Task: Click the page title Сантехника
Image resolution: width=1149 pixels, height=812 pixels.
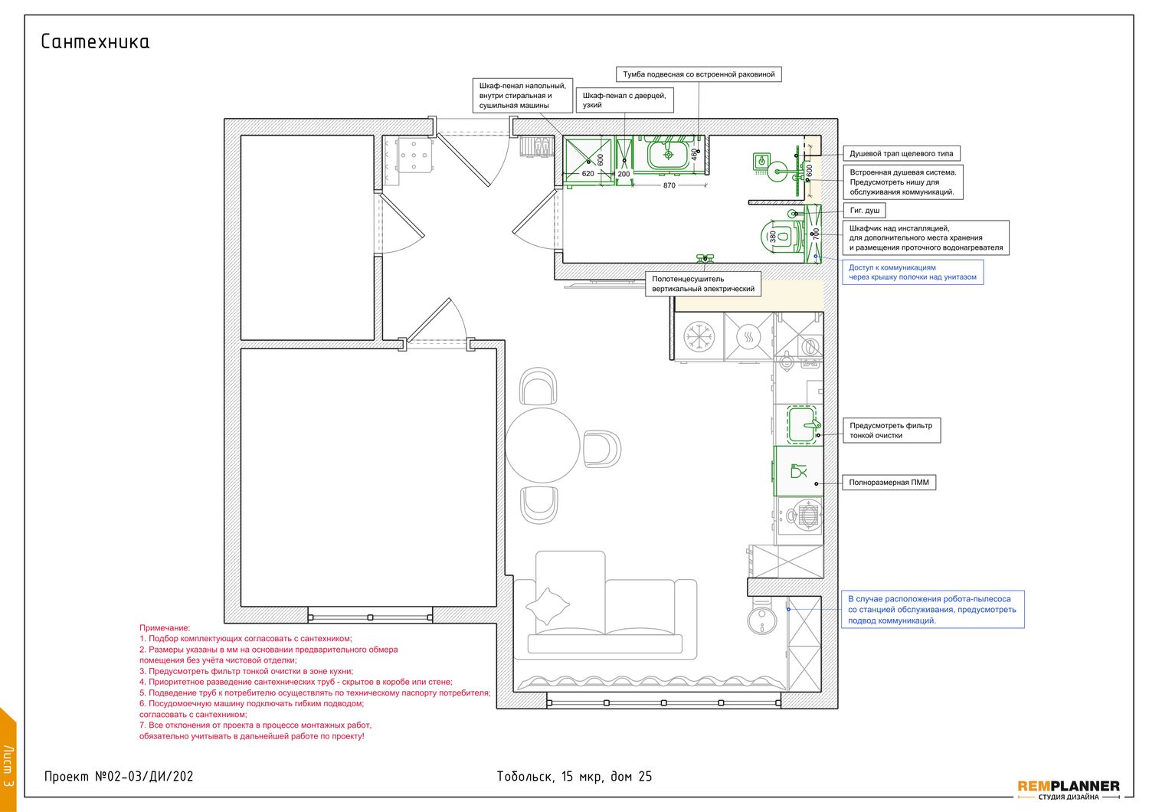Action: [95, 41]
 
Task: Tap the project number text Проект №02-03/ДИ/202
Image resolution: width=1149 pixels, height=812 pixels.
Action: [119, 777]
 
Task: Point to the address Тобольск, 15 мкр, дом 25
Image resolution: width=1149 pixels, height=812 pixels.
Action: [574, 777]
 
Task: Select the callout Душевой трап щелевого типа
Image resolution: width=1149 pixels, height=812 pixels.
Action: [902, 153]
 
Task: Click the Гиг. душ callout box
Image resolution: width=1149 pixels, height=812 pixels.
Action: [864, 211]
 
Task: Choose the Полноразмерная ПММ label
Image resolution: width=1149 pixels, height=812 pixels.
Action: [889, 482]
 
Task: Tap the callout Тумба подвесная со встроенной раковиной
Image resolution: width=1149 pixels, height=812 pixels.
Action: [699, 74]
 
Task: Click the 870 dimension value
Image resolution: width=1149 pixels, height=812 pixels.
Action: [669, 185]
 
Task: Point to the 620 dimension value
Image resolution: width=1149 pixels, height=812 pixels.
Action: [588, 174]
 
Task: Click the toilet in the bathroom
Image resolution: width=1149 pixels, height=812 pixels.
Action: [780, 236]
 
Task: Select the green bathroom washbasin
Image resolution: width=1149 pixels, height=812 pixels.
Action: [669, 154]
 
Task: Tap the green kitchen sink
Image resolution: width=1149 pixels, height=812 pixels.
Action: [803, 424]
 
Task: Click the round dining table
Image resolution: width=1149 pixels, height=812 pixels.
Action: [542, 445]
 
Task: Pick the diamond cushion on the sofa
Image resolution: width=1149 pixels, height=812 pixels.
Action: [548, 606]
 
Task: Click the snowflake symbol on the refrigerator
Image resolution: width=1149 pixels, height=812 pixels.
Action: [699, 337]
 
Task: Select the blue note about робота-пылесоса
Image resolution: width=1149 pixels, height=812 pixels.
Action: [932, 610]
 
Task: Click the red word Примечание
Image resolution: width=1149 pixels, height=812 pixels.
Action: [165, 628]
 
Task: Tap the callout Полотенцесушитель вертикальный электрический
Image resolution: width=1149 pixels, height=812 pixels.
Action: [702, 283]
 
